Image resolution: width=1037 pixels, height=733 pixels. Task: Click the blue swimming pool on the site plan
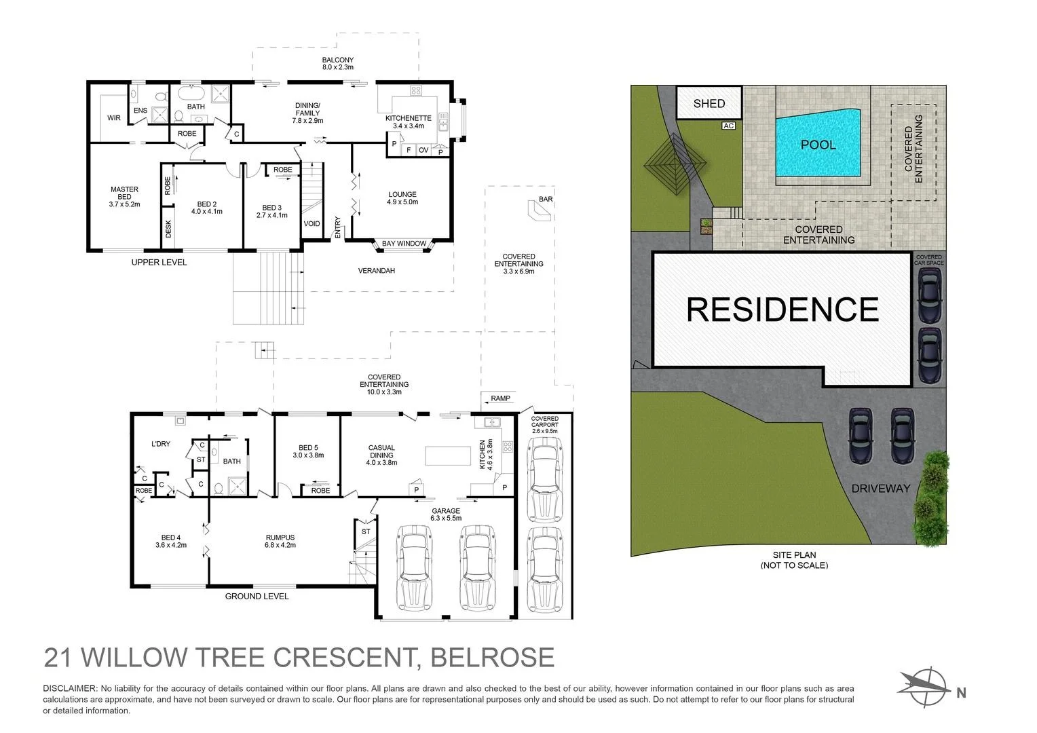coord(818,144)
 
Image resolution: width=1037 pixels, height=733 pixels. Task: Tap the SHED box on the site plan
coord(709,103)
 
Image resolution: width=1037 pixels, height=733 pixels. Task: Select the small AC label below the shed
coord(728,126)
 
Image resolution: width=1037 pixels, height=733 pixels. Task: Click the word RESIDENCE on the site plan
coord(782,309)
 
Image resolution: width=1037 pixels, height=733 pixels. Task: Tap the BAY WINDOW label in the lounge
coord(404,244)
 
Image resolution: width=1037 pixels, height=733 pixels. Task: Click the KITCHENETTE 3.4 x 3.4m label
coord(409,121)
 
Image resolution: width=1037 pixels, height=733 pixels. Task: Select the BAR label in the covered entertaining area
coord(546,199)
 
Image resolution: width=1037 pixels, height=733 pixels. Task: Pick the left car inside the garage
coord(413,567)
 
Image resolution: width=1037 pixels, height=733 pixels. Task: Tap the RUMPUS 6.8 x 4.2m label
coord(280,541)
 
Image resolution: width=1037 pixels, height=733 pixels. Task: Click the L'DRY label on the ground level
coord(161,444)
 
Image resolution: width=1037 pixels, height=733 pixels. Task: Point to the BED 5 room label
coord(308,451)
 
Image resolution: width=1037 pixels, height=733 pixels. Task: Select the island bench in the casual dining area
coord(448,455)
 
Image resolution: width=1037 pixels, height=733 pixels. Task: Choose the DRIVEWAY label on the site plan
coord(881,489)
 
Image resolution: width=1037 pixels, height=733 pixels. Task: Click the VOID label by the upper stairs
coord(312,224)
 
